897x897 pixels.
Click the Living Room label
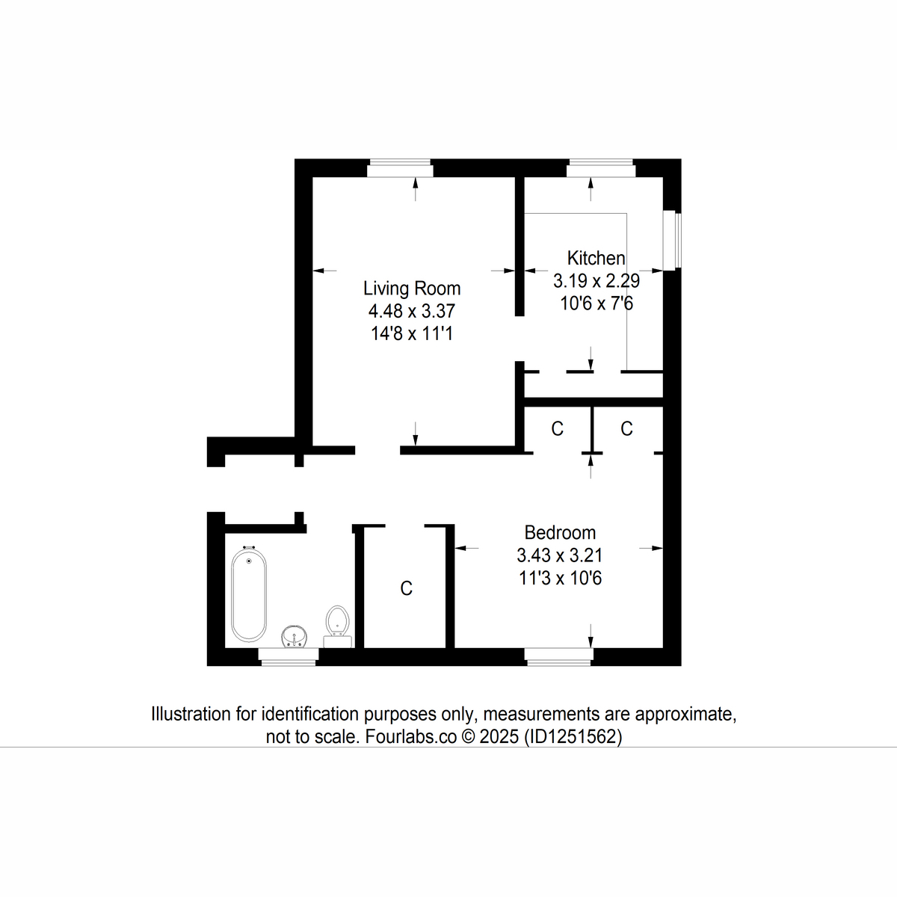[412, 289]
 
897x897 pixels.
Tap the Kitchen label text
[596, 259]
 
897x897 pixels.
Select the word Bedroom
[560, 533]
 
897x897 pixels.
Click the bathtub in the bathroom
[247, 594]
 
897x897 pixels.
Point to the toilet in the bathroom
[338, 622]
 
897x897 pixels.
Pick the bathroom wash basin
[295, 638]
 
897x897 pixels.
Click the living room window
[400, 169]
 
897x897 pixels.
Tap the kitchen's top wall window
[600, 169]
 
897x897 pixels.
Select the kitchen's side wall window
[675, 241]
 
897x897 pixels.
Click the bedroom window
[558, 656]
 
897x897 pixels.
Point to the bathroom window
[288, 656]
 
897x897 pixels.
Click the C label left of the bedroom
[406, 589]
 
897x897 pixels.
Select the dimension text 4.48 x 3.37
[411, 311]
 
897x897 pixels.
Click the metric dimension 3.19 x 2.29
[596, 282]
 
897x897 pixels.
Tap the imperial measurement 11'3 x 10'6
[560, 578]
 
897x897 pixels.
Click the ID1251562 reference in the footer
[573, 737]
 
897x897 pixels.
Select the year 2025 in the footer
[499, 737]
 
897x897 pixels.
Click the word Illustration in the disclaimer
[191, 714]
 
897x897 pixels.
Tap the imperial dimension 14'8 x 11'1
[411, 333]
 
